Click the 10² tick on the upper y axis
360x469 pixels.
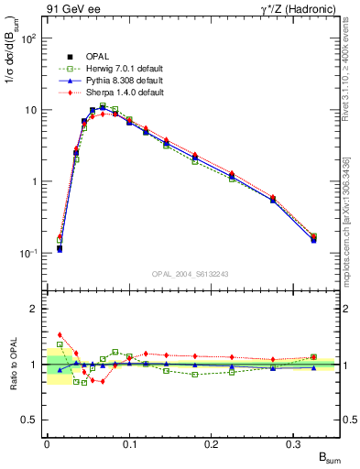[29, 38]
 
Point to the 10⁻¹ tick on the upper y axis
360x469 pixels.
[29, 253]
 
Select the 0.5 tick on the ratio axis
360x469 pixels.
[32, 420]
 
